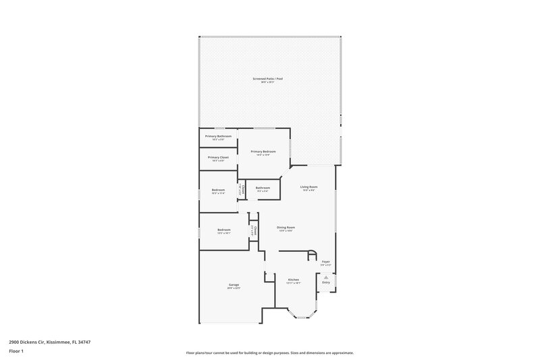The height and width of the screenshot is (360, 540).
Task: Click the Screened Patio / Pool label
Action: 268,79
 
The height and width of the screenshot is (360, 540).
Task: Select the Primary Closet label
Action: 218,157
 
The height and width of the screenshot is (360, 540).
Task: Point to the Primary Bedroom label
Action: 263,152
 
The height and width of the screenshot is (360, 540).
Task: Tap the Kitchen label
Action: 294,280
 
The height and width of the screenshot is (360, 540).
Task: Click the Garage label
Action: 234,286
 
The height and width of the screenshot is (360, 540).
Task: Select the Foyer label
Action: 325,261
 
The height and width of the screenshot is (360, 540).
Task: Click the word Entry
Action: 326,282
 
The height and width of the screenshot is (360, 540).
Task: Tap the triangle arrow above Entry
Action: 326,276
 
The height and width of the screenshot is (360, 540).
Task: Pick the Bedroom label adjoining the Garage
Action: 224,230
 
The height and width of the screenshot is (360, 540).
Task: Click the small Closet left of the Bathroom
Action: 241,190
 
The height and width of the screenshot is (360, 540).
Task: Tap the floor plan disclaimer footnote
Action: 269,353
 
